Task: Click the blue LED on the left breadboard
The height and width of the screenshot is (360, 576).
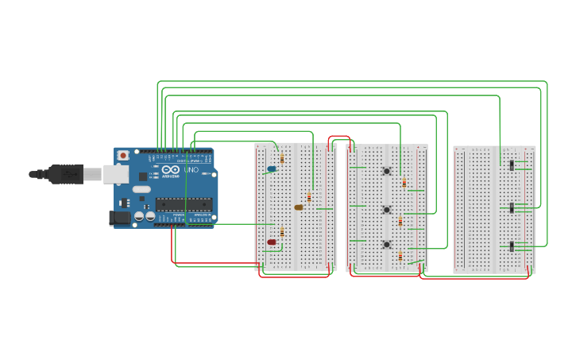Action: tap(272, 169)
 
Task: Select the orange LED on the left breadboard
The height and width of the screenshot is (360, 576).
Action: tap(299, 207)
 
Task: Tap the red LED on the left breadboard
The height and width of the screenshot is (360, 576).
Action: tap(272, 242)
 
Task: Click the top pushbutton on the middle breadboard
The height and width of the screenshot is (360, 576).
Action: tap(387, 171)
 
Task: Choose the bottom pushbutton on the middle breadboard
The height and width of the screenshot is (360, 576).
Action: tap(387, 244)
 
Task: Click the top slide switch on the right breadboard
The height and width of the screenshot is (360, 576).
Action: tap(512, 165)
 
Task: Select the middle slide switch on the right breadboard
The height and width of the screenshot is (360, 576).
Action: tap(512, 207)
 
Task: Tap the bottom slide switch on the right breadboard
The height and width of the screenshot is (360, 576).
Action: tap(512, 246)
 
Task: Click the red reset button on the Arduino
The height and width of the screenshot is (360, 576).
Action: tap(123, 156)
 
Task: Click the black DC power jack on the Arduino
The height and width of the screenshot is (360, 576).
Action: tap(120, 217)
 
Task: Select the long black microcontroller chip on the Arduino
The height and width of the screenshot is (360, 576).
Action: tap(184, 204)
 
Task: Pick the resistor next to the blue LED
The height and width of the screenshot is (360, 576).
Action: tap(282, 159)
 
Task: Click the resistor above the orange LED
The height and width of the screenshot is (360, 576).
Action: tap(309, 196)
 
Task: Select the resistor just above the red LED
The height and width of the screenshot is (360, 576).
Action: tap(282, 232)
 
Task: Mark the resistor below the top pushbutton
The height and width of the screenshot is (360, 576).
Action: tap(404, 183)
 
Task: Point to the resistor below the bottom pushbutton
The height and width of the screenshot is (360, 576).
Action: tap(400, 257)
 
